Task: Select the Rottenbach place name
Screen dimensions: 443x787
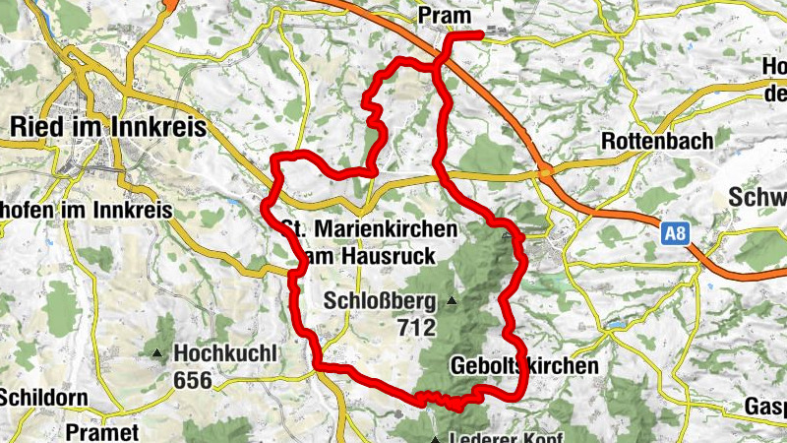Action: (x=656, y=141)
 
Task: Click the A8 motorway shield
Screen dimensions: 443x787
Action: (x=674, y=234)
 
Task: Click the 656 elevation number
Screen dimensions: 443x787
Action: (x=192, y=379)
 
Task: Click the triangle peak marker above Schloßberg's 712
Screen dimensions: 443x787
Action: (x=452, y=300)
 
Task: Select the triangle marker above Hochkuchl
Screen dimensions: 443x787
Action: (x=157, y=352)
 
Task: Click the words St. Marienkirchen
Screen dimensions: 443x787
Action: (x=371, y=228)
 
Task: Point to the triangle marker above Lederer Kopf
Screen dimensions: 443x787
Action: (x=434, y=439)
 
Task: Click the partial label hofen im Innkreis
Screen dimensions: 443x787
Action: (x=86, y=210)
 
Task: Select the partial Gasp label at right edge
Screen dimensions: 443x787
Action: (x=764, y=407)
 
